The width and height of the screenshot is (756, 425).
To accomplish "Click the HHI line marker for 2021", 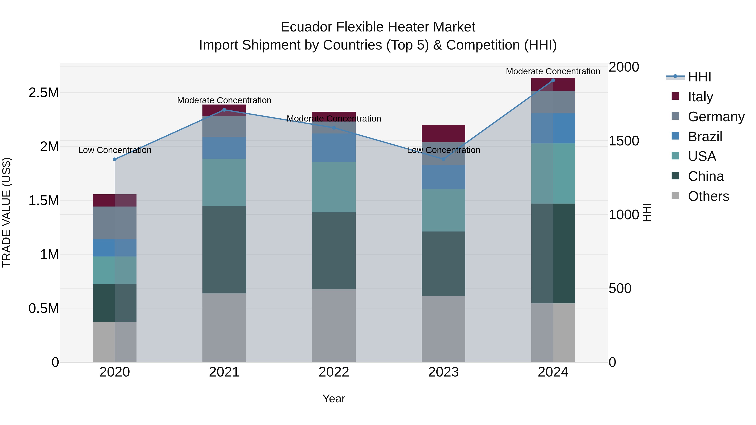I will (224, 110).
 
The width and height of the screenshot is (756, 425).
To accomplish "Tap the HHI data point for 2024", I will (553, 80).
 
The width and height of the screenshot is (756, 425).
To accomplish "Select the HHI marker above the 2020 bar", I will (115, 159).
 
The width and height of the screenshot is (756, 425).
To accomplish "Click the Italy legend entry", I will (700, 97).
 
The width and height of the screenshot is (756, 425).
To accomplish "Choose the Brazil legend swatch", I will (675, 136).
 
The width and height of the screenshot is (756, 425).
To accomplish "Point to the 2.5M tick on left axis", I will (43, 93).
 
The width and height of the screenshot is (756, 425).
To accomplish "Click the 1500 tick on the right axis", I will (624, 141).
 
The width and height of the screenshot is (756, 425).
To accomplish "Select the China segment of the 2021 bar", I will (224, 249).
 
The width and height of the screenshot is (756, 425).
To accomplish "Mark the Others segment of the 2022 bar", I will (334, 326).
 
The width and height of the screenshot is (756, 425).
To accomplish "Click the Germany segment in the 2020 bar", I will (115, 223).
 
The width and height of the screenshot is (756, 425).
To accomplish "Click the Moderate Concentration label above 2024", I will (553, 72).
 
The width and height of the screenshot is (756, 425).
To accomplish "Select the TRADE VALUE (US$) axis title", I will (7, 212).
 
